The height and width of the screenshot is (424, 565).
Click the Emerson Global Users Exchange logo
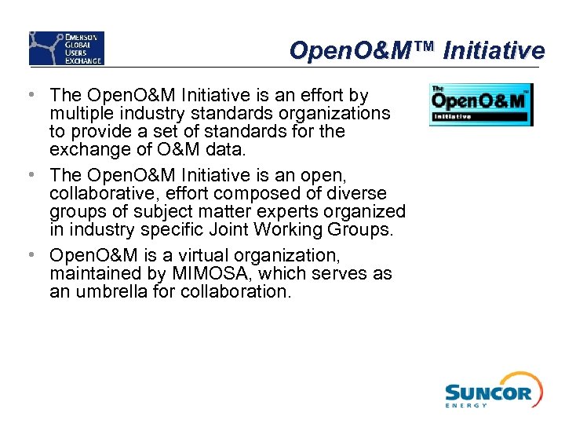[x=67, y=48]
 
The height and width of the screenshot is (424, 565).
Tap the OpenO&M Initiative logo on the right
[x=480, y=105]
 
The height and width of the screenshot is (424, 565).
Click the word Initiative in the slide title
[x=494, y=51]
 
